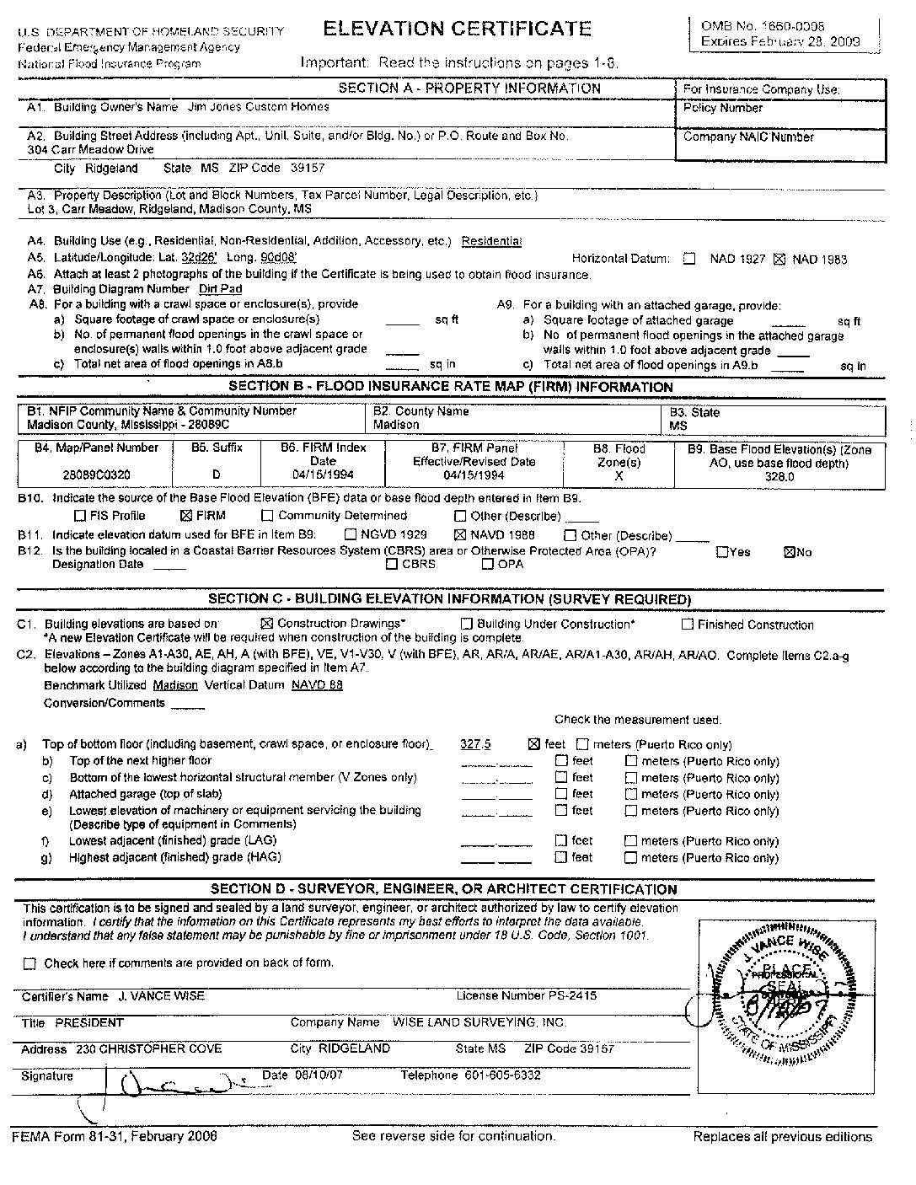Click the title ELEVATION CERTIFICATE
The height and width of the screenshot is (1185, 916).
(x=457, y=28)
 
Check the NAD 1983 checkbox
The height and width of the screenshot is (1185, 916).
(x=779, y=260)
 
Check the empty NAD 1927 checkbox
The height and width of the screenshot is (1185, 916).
(x=689, y=260)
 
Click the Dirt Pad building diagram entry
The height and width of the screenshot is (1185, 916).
(x=220, y=289)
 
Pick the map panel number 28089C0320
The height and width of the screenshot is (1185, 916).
(x=96, y=475)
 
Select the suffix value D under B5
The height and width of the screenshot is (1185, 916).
(x=217, y=475)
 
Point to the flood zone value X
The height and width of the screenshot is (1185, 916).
(x=619, y=476)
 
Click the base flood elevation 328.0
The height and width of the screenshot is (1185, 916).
(x=779, y=477)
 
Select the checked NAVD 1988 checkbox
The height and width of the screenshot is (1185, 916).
(x=460, y=534)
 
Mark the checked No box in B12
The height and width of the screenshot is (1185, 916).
(x=790, y=553)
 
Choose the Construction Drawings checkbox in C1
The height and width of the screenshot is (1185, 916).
(x=267, y=624)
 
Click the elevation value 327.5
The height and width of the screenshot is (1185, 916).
(x=475, y=744)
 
